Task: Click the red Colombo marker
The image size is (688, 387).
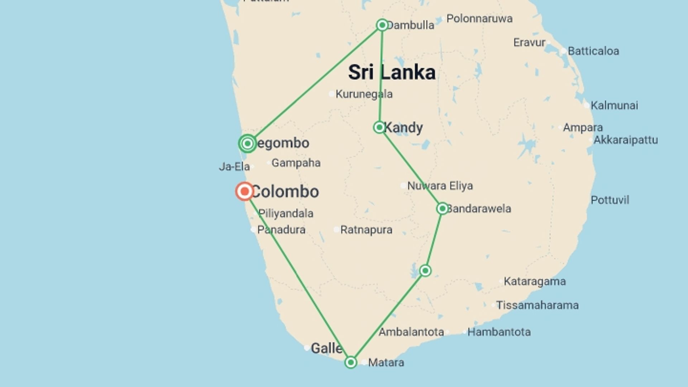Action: click(245, 191)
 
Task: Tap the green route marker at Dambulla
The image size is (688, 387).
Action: click(382, 25)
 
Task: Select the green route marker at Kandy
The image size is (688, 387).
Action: click(379, 127)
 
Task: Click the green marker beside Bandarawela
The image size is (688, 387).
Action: click(443, 209)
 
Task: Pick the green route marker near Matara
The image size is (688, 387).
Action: click(351, 362)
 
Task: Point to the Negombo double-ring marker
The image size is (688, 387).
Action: click(247, 144)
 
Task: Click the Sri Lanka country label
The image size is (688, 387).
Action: click(392, 72)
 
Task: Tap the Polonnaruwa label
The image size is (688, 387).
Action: click(479, 19)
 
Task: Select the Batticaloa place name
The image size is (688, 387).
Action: click(593, 51)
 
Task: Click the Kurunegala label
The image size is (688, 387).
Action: click(364, 94)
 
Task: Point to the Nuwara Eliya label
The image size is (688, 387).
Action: click(440, 186)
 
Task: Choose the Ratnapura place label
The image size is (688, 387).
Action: click(366, 230)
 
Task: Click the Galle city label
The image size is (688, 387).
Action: click(326, 348)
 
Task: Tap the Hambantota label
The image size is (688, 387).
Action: click(499, 332)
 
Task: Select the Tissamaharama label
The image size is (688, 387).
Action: click(537, 305)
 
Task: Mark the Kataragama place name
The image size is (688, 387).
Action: click(535, 281)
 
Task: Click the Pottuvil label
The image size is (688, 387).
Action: click(610, 200)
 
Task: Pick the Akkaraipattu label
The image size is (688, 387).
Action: click(625, 140)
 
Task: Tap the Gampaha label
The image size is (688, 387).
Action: click(296, 163)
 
